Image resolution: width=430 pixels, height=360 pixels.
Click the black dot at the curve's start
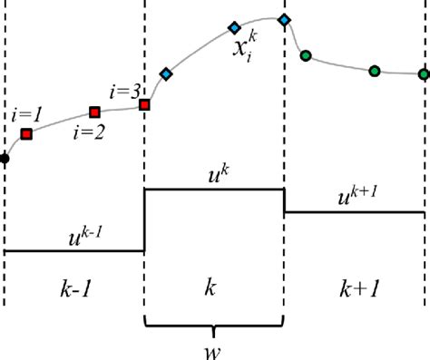[5, 159]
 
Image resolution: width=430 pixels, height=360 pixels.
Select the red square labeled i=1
[26, 134]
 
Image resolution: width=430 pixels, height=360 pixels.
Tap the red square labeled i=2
[94, 112]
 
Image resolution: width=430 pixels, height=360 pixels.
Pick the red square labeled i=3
[143, 104]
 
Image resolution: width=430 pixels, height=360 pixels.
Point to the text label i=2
[89, 131]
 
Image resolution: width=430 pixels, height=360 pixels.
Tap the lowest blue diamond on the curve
[165, 73]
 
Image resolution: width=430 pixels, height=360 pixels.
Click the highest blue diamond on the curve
[284, 19]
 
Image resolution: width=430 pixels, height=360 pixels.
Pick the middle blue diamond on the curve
[234, 27]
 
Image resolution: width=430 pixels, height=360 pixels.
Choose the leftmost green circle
[306, 57]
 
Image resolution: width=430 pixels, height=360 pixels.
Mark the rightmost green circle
[424, 74]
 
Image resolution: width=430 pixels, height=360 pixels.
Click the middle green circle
[374, 69]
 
